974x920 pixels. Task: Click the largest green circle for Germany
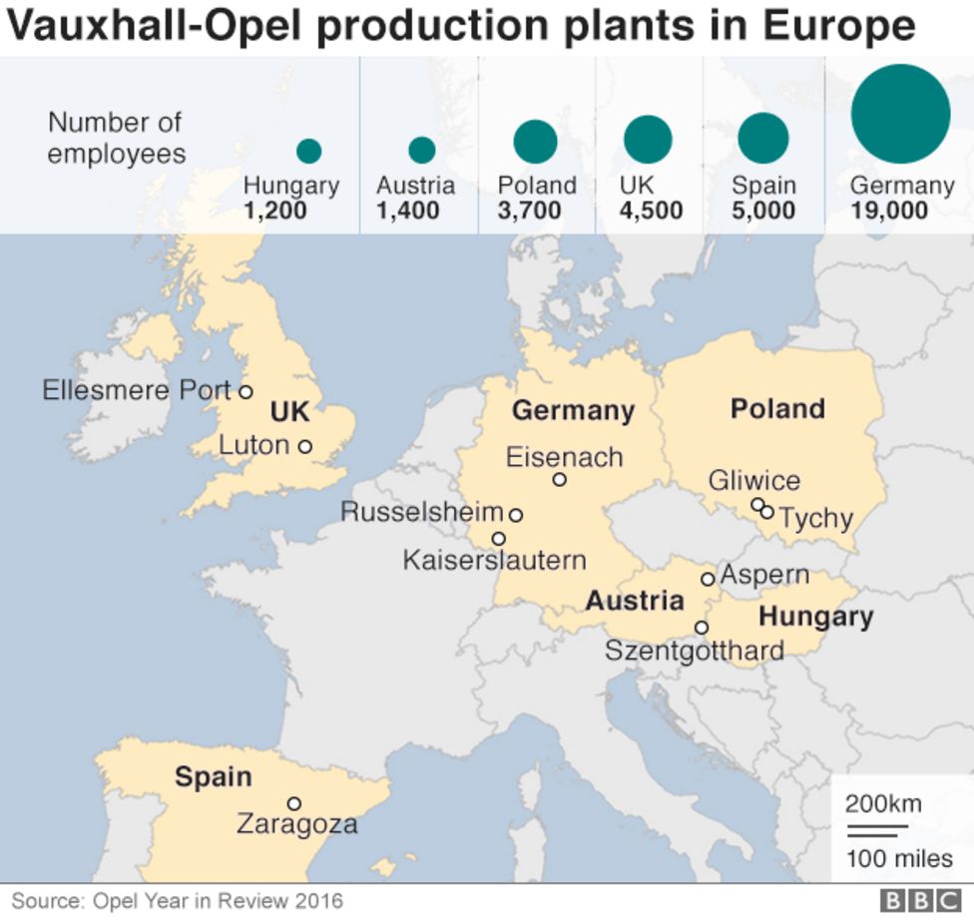(900, 114)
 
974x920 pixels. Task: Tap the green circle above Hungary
(308, 151)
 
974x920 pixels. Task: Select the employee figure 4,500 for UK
(651, 211)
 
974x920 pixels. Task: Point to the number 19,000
(889, 211)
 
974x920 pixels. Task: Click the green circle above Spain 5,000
(763, 139)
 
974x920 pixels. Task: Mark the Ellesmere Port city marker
(244, 391)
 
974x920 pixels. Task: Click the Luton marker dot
(304, 446)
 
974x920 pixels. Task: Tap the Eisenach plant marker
(560, 480)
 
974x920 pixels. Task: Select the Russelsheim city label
(422, 513)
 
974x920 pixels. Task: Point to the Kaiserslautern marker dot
(499, 539)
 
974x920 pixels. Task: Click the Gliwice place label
(754, 481)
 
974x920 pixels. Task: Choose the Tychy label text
(815, 519)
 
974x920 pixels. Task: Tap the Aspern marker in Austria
(708, 579)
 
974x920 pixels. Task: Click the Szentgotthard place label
(694, 652)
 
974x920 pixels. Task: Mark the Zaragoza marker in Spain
(293, 803)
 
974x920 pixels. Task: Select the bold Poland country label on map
(777, 409)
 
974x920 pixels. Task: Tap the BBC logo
(918, 901)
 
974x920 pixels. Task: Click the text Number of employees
(116, 138)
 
